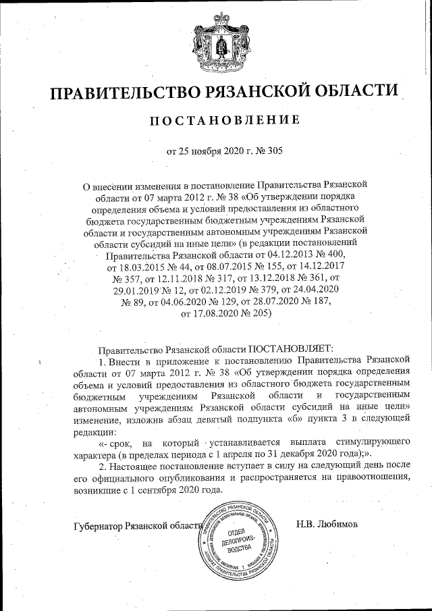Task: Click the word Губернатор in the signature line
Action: (x=98, y=527)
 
